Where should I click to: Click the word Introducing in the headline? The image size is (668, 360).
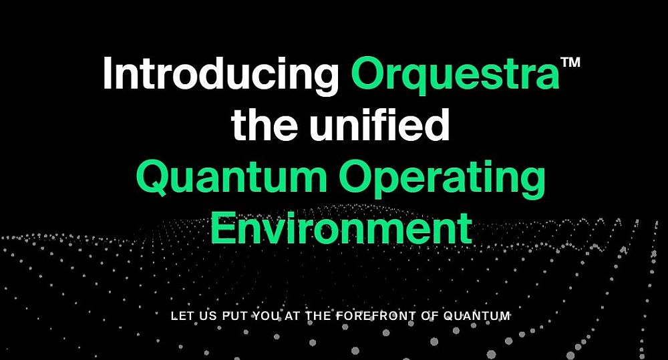pyautogui.click(x=220, y=73)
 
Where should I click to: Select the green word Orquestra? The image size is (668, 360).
pyautogui.click(x=455, y=73)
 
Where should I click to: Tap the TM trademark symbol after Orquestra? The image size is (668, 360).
pyautogui.click(x=570, y=62)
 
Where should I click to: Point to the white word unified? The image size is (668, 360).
pyautogui.click(x=379, y=124)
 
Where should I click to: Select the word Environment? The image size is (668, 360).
pyautogui.click(x=341, y=228)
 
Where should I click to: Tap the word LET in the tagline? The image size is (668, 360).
pyautogui.click(x=179, y=316)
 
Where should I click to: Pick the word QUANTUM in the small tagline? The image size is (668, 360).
pyautogui.click(x=477, y=316)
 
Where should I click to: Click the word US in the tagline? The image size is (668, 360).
pyautogui.click(x=205, y=316)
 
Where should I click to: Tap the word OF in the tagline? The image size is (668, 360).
pyautogui.click(x=430, y=316)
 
